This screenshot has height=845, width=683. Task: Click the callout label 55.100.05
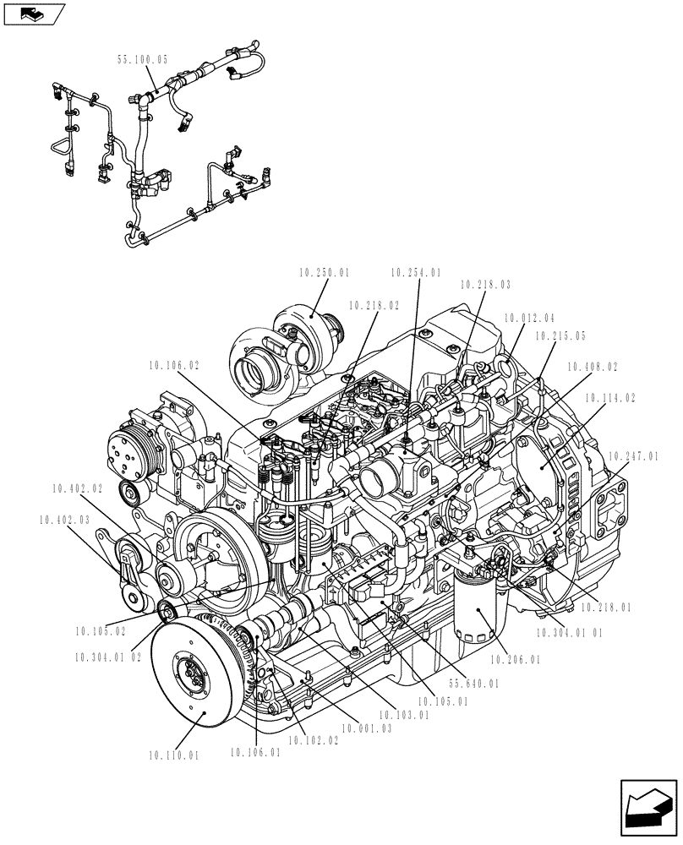142,60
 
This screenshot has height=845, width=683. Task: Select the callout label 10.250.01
324,273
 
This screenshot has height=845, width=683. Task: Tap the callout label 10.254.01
416,273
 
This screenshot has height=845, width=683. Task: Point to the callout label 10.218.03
486,286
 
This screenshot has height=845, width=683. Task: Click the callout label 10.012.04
529,319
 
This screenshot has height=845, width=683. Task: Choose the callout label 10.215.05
560,335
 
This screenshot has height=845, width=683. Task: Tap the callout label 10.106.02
174,365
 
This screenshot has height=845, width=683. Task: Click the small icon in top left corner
35,14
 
